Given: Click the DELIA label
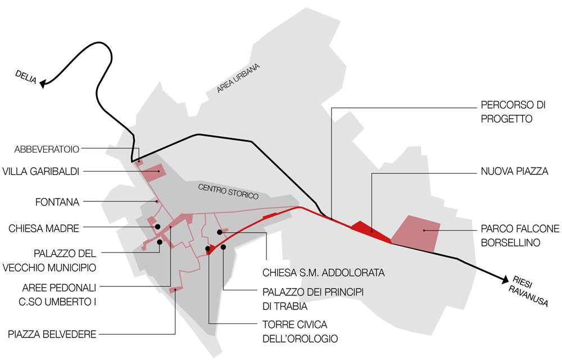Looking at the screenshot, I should pyautogui.click(x=25, y=77).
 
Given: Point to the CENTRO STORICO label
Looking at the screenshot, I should pyautogui.click(x=228, y=192).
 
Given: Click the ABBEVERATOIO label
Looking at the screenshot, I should pyautogui.click(x=47, y=149).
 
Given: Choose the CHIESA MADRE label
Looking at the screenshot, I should pyautogui.click(x=44, y=228).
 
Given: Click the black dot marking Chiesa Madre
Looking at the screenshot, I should pyautogui.click(x=158, y=227).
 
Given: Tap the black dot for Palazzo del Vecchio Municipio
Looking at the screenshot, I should pyautogui.click(x=160, y=242).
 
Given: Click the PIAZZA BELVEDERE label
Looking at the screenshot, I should pyautogui.click(x=52, y=334).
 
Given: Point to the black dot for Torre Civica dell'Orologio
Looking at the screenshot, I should pyautogui.click(x=208, y=248).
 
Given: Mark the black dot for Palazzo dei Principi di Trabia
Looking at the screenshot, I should pyautogui.click(x=224, y=247).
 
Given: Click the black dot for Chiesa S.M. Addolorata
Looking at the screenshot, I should pyautogui.click(x=219, y=232).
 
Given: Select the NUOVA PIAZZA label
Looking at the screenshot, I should pyautogui.click(x=514, y=171).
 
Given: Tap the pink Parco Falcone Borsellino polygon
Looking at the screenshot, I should pyautogui.click(x=416, y=233).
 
